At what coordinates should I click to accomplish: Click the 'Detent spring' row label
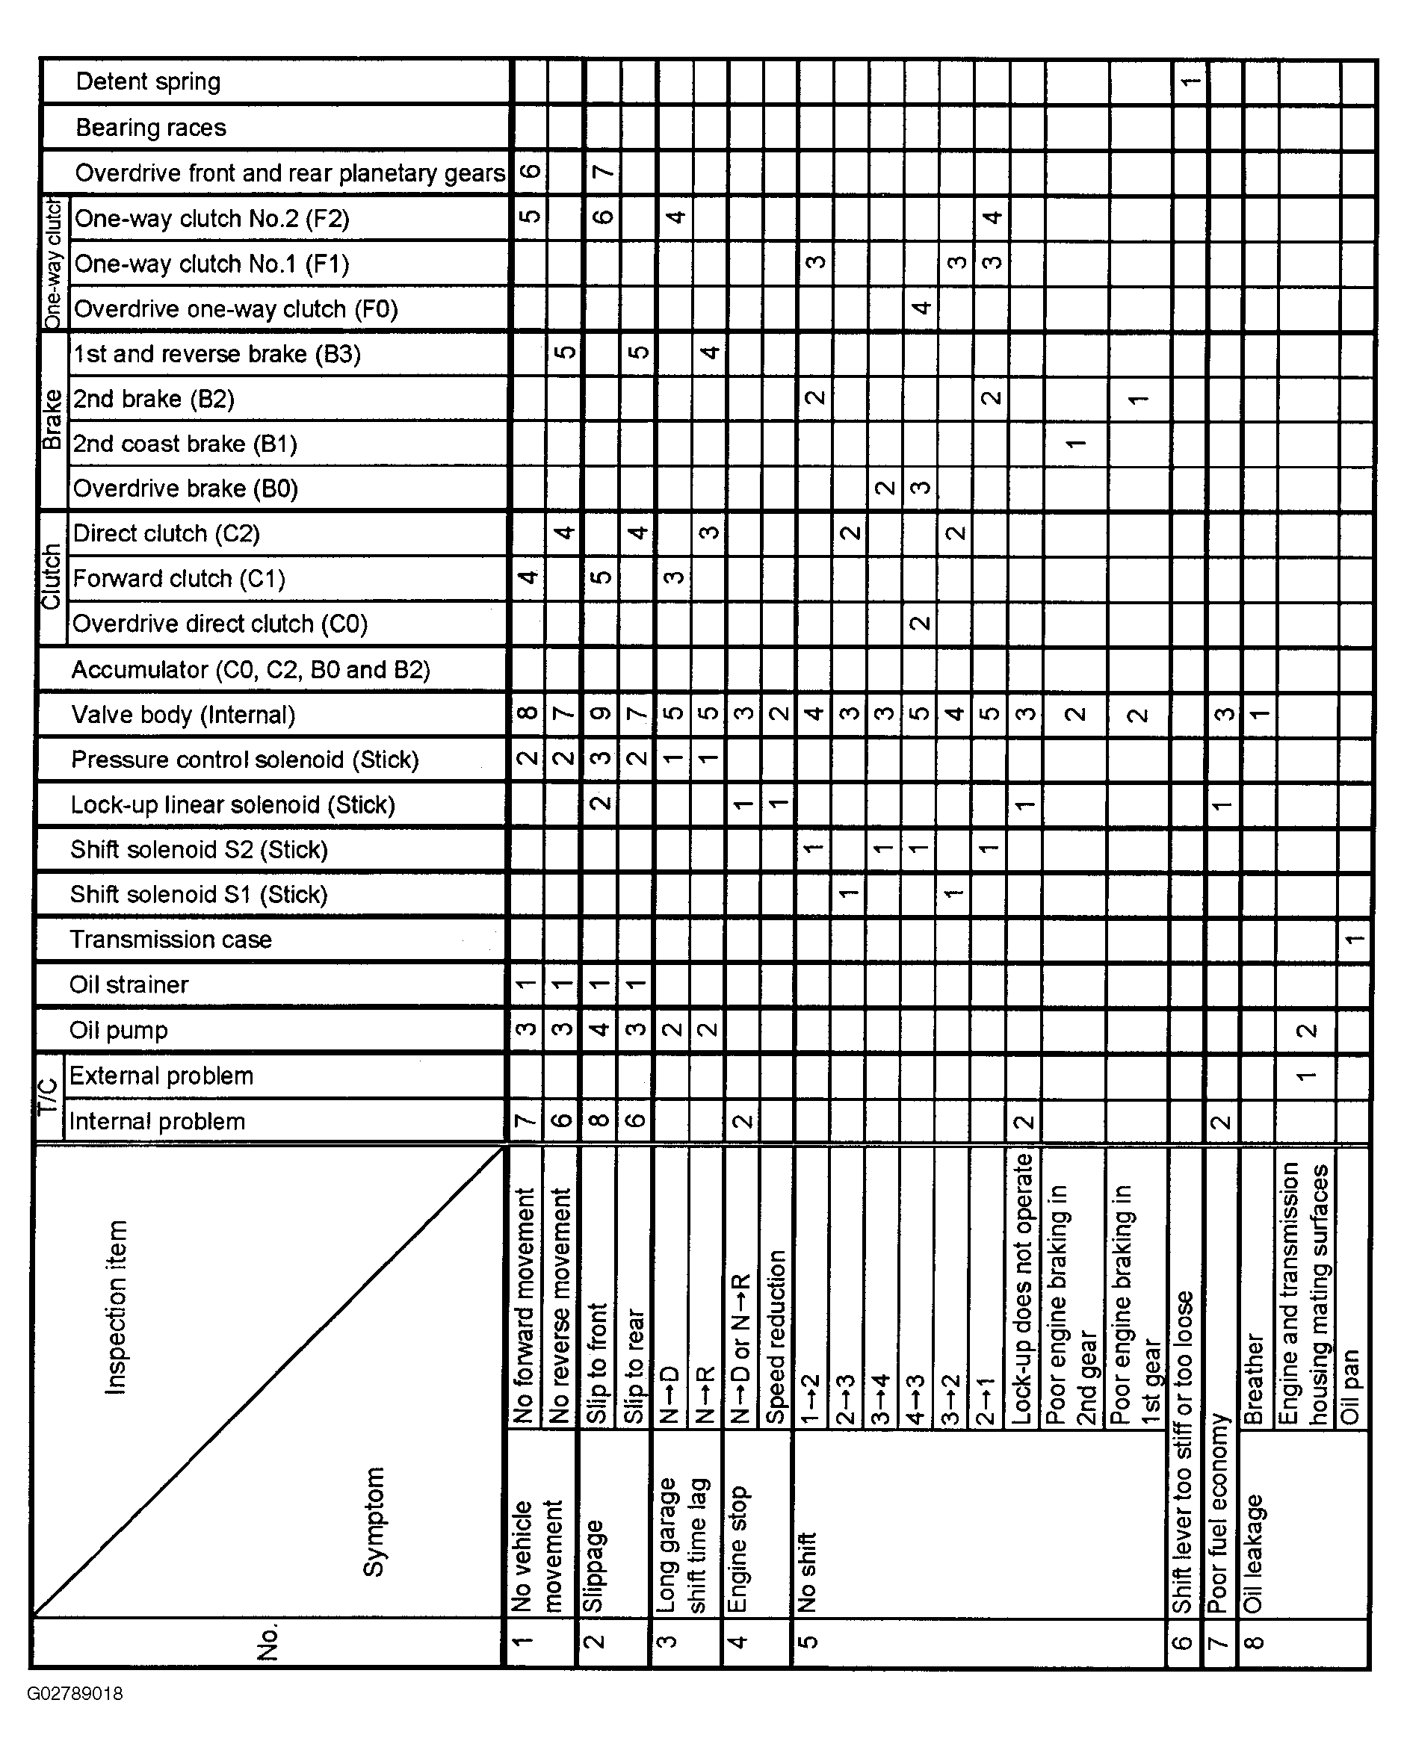pyautogui.click(x=147, y=81)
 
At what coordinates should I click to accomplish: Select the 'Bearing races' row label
pyautogui.click(x=151, y=128)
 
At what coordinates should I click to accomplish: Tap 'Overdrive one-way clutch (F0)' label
pyautogui.click(x=235, y=309)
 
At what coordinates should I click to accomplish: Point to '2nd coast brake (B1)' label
pyautogui.click(x=185, y=444)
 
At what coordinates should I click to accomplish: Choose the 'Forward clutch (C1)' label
pyautogui.click(x=179, y=579)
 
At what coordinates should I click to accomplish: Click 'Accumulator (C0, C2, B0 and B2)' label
pyautogui.click(x=250, y=670)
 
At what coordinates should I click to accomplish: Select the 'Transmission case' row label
pyautogui.click(x=170, y=940)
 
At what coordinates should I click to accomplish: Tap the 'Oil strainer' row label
pyautogui.click(x=129, y=984)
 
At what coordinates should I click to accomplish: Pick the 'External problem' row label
pyautogui.click(x=161, y=1076)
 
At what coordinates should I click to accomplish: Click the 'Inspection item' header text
pyautogui.click(x=117, y=1307)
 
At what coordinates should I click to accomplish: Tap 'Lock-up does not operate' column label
pyautogui.click(x=1023, y=1288)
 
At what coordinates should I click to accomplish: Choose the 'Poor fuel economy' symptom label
pyautogui.click(x=1218, y=1513)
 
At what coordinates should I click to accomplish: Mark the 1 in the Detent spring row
pyautogui.click(x=1190, y=81)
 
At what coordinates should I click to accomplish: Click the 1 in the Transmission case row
pyautogui.click(x=1353, y=940)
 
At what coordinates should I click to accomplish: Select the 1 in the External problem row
pyautogui.click(x=1306, y=1076)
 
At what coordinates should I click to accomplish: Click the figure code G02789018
pyautogui.click(x=75, y=1694)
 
